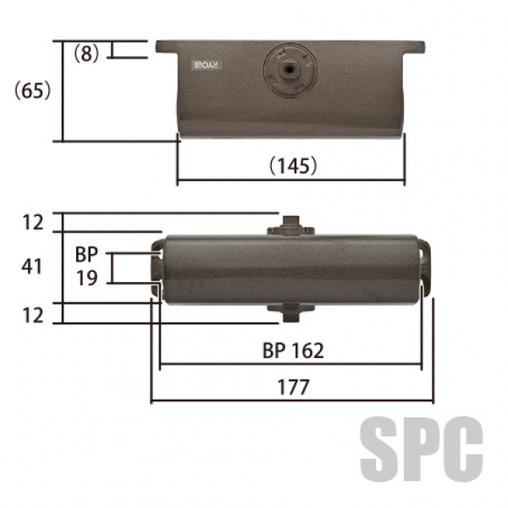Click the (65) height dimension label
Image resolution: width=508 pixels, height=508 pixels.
(33, 90)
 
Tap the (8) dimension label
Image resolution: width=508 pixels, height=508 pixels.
(86, 52)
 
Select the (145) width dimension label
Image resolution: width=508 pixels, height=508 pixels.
(293, 166)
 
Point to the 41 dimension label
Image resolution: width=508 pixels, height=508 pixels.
(31, 267)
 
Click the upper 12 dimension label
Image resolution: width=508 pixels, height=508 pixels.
(33, 223)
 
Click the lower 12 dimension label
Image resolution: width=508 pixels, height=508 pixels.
(33, 315)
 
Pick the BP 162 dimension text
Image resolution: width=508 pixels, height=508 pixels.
(293, 351)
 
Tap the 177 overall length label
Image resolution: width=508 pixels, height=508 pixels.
(293, 387)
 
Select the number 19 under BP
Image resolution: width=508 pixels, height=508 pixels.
(87, 278)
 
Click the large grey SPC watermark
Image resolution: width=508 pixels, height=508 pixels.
(422, 449)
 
